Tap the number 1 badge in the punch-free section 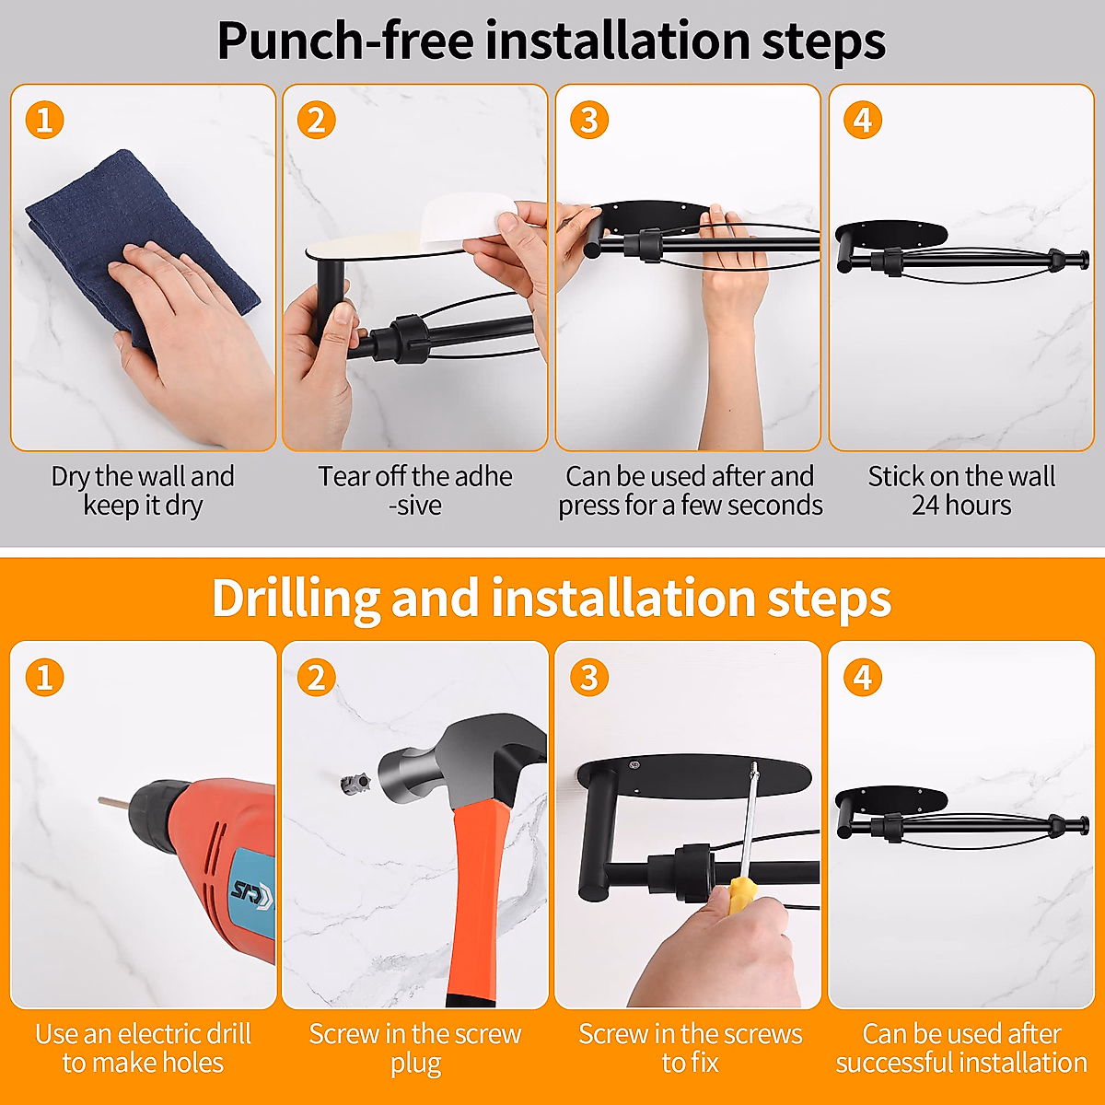[x=45, y=120]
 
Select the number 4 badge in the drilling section [x=863, y=677]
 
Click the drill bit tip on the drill [x=99, y=800]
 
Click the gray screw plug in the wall [x=355, y=784]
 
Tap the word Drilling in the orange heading [x=296, y=599]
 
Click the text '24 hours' [x=961, y=506]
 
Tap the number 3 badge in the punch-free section [x=589, y=120]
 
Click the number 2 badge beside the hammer [x=317, y=677]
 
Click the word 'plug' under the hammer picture [x=415, y=1064]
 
